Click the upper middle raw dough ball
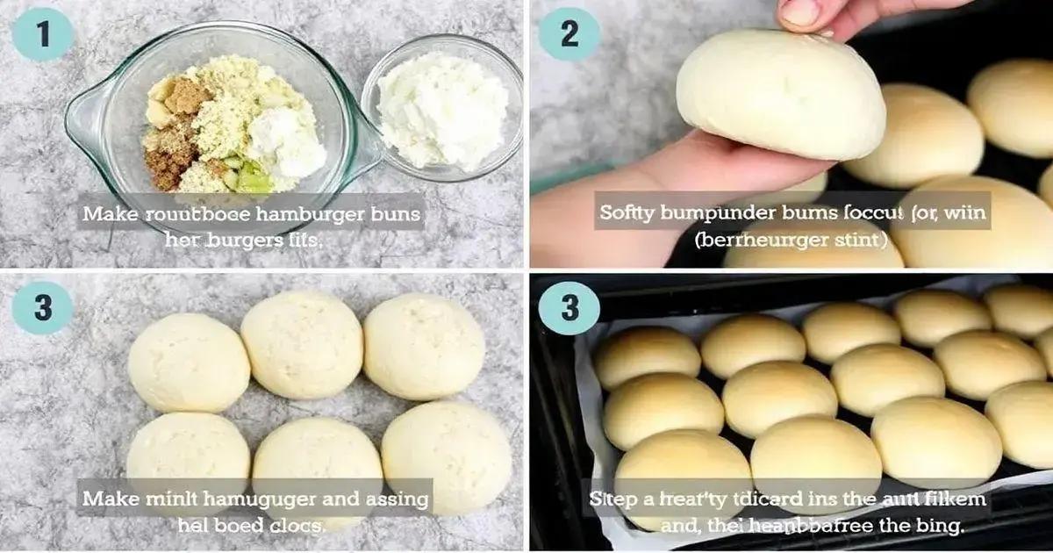(x=301, y=345)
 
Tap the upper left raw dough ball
(x=188, y=363)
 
